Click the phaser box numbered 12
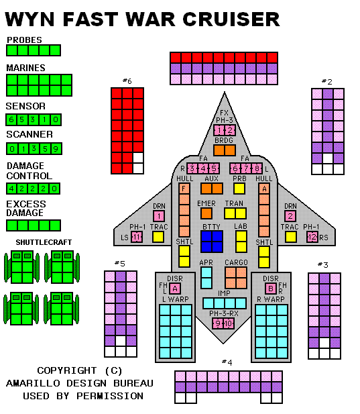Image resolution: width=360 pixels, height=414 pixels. click(x=312, y=237)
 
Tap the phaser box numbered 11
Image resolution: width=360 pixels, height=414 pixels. click(x=137, y=237)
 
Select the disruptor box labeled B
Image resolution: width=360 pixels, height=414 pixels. click(x=271, y=289)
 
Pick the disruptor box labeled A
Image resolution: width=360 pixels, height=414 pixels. click(x=175, y=289)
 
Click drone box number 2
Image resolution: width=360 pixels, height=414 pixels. click(x=290, y=216)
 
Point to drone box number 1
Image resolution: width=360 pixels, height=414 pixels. click(x=159, y=216)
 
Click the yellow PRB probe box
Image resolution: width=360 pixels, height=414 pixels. click(x=239, y=189)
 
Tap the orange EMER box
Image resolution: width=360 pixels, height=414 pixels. click(x=206, y=213)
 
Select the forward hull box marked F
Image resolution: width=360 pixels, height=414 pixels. click(x=184, y=189)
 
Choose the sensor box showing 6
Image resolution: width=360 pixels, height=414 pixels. click(x=11, y=119)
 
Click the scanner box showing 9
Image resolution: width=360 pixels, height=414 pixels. click(x=56, y=149)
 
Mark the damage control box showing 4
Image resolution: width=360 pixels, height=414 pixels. click(x=11, y=189)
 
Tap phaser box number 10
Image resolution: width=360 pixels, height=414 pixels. click(x=229, y=323)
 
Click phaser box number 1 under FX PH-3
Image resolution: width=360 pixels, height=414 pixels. click(x=219, y=130)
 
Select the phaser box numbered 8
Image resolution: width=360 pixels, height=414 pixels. click(x=257, y=168)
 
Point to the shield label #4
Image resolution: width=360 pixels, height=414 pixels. click(x=227, y=362)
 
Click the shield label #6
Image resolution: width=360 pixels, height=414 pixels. click(x=127, y=81)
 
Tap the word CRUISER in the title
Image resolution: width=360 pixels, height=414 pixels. click(x=231, y=19)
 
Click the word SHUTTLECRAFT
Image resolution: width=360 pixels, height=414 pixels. click(x=44, y=242)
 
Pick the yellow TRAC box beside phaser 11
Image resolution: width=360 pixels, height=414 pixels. click(x=158, y=237)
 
